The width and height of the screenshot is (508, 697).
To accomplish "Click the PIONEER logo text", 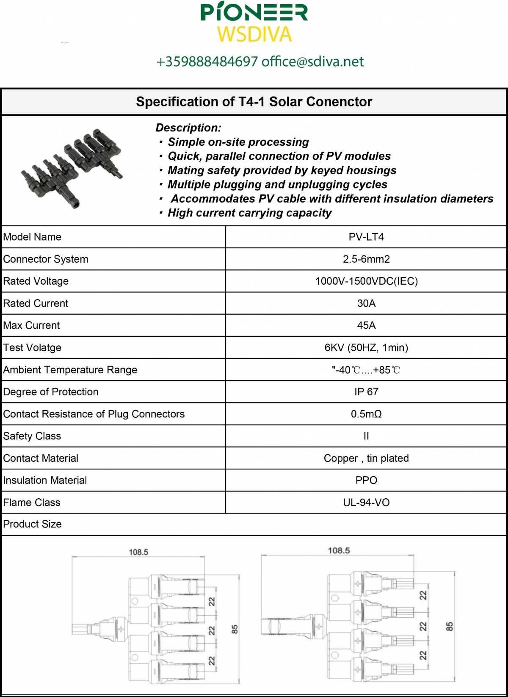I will [254, 13].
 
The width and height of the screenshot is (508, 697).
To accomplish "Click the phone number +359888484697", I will [207, 62].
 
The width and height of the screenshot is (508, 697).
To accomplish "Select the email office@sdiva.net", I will [312, 62].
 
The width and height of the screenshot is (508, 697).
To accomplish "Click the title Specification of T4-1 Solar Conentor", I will [254, 102].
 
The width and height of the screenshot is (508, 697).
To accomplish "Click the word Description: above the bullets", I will [188, 128].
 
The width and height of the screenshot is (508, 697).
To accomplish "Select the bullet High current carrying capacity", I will [249, 213].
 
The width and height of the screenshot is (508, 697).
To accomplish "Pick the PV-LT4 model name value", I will [366, 237].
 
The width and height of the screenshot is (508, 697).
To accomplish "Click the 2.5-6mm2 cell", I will [366, 259].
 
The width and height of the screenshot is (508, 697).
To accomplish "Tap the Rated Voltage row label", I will [36, 281].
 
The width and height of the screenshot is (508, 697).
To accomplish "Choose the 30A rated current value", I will [366, 303].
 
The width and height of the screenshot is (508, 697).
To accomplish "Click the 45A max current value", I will [366, 325].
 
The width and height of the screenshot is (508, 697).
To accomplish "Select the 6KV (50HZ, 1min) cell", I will [366, 347].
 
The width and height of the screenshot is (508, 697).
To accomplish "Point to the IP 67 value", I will [366, 392].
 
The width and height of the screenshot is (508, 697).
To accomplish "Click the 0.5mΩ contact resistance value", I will [366, 414].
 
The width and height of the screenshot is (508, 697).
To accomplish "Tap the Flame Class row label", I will [32, 503].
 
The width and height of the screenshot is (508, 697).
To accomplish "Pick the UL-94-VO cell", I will [366, 503].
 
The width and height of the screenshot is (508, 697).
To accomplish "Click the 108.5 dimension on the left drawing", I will [138, 552].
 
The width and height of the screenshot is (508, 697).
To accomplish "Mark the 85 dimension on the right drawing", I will [450, 626].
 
